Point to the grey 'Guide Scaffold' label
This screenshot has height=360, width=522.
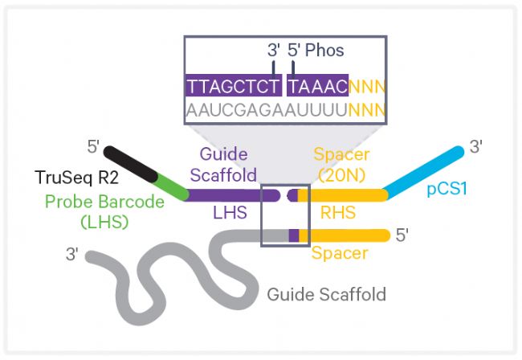pyautogui.click(x=326, y=294)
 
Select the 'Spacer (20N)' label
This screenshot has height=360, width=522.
pyautogui.click(x=340, y=164)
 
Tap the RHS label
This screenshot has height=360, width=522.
pyautogui.click(x=338, y=213)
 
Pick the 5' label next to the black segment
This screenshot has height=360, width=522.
pyautogui.click(x=93, y=147)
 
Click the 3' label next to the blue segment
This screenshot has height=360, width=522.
pyautogui.click(x=476, y=147)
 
